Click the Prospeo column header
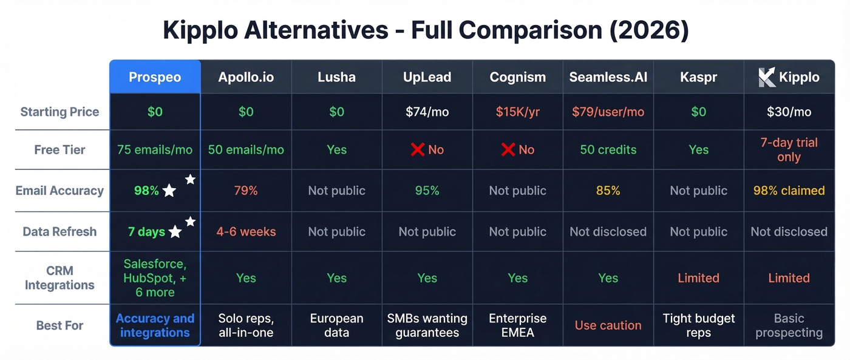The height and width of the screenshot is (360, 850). pos(155,77)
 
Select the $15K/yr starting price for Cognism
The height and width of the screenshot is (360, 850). pos(517,112)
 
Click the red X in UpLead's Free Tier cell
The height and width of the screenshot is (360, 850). pos(417,149)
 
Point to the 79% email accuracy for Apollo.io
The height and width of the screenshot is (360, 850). pos(246,191)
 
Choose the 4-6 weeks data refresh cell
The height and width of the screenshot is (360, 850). pos(246,231)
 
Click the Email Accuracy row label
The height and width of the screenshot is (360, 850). pos(59,191)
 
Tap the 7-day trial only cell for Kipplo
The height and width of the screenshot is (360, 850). pos(789,150)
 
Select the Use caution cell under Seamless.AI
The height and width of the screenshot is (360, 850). pos(608,325)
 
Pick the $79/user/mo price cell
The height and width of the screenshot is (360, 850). pos(608,112)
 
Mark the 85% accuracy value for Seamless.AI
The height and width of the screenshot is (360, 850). pos(608,191)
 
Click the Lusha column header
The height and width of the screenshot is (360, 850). pos(336,77)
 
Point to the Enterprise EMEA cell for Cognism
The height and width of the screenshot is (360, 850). pos(517,325)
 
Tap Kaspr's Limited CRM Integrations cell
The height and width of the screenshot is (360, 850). pos(698,278)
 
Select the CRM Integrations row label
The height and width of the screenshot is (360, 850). pos(59,278)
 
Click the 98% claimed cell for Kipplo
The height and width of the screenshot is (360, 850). pos(789,191)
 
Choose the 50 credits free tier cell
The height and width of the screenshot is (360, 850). pos(608,149)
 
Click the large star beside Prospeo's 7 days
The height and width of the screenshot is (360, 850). pos(175,232)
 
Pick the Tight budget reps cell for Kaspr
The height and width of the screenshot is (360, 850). pos(698,325)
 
